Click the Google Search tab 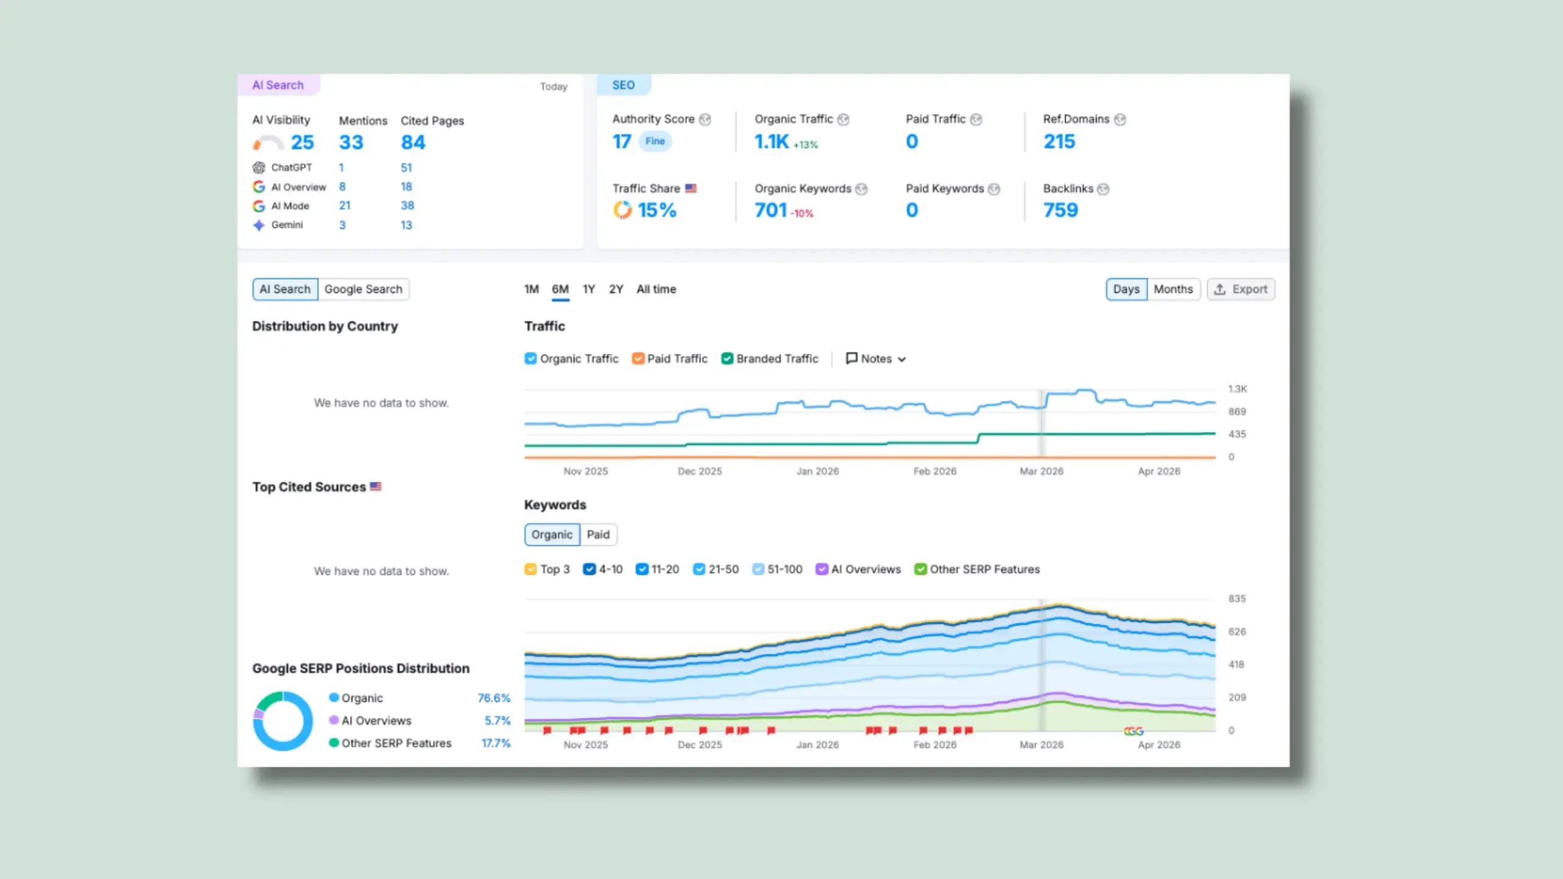363,289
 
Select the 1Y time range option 589,289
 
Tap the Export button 1241,289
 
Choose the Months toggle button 1173,289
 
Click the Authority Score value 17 622,142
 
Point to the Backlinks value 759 1061,210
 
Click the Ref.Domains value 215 1059,142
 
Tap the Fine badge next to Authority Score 655,141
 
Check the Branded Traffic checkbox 727,359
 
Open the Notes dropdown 876,359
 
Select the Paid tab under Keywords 598,535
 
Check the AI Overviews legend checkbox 822,570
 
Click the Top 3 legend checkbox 531,570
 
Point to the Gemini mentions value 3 343,225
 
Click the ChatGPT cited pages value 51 407,168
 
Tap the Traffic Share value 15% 657,210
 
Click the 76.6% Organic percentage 494,698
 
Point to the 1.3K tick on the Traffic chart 1238,389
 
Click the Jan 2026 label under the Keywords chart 818,745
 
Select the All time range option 656,289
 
